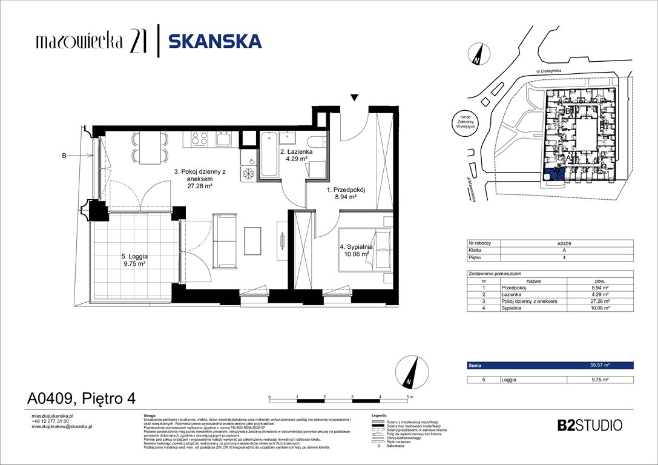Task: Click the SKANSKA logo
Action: [x=215, y=41]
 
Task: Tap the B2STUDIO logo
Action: [x=589, y=424]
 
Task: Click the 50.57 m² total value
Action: [x=600, y=366]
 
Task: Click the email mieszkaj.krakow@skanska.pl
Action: [x=61, y=427]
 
